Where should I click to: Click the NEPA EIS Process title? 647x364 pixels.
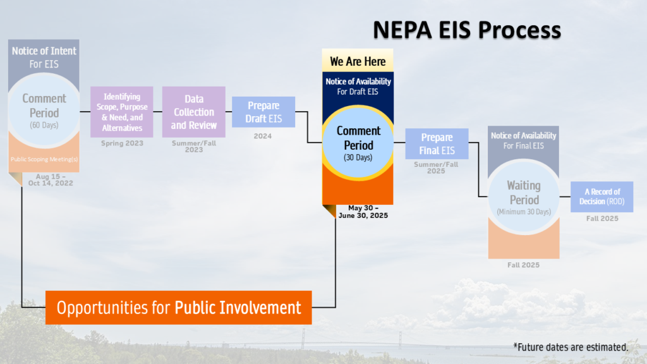pos(466,30)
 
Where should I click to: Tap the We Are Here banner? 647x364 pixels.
pos(358,61)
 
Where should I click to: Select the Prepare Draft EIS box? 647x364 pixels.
pos(263,112)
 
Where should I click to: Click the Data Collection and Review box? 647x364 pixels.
pos(194,112)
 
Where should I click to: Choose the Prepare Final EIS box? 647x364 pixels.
pos(437,144)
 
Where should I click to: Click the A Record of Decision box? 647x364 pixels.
pos(602,197)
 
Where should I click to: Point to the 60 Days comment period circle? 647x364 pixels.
pos(44,111)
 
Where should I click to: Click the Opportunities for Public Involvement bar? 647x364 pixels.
pos(179,308)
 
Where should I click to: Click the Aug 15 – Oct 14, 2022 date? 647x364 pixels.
pos(51,179)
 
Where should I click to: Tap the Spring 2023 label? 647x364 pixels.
pos(122,143)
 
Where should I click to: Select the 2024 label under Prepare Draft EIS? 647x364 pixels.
pos(263,136)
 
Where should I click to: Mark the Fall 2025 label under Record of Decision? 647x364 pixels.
pos(602,219)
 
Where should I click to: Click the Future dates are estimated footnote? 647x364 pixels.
pos(571,347)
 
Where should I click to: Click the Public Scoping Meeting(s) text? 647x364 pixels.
pos(44,159)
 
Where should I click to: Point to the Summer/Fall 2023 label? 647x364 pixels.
pos(193,147)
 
